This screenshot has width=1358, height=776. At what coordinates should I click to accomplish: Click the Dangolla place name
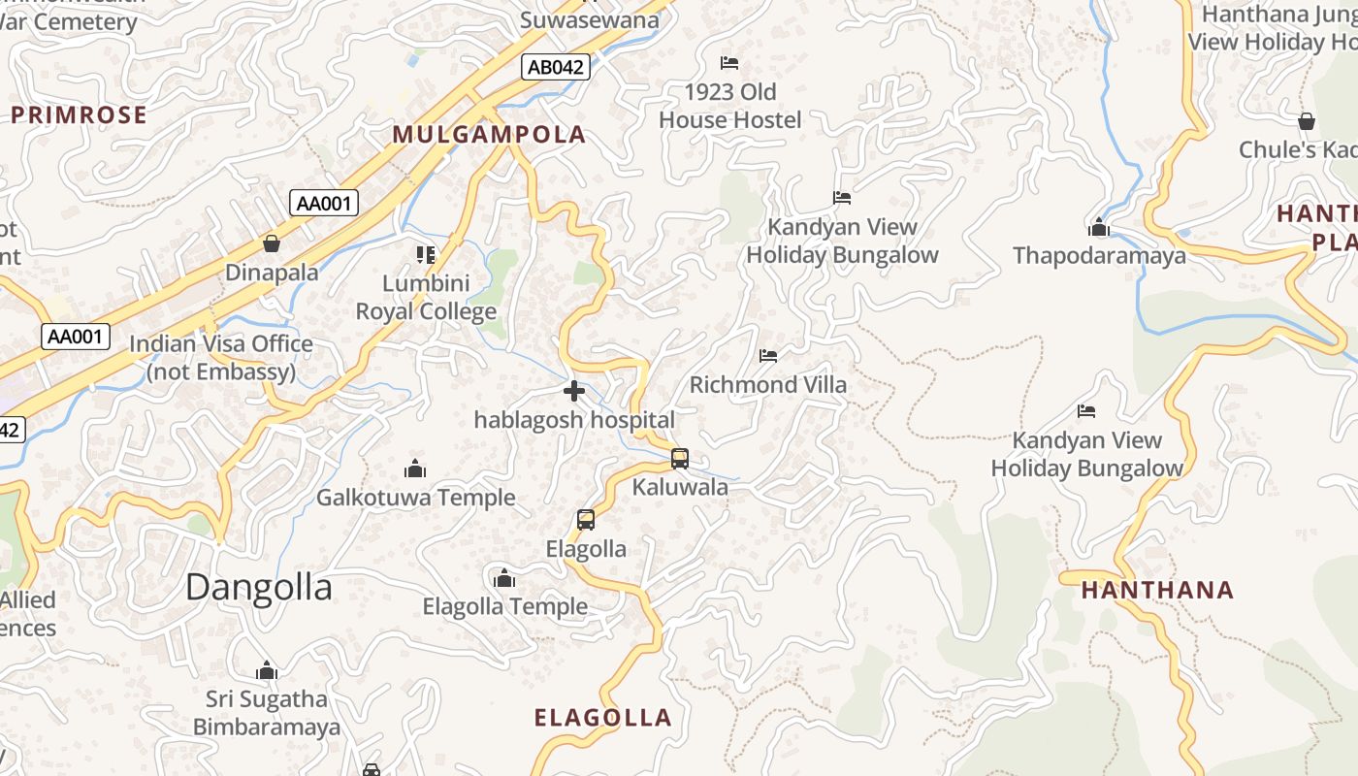click(258, 587)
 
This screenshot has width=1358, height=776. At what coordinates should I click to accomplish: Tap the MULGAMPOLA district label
click(489, 135)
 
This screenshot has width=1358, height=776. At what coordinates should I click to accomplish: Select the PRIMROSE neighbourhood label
click(79, 115)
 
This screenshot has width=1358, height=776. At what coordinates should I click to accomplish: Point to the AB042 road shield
click(555, 67)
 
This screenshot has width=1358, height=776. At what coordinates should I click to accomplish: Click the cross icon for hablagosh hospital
click(574, 391)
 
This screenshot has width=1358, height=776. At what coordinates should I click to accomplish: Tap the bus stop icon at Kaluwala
click(680, 459)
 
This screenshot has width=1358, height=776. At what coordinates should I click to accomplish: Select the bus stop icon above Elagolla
click(586, 520)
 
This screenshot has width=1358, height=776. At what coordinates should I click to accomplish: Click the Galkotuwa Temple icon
click(415, 469)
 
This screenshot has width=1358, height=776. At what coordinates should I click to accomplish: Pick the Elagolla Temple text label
click(504, 607)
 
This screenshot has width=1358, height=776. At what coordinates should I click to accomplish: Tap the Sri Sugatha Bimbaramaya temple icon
click(267, 670)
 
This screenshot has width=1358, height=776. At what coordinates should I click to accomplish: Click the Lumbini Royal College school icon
click(426, 255)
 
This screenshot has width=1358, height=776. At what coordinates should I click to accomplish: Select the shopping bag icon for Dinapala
click(272, 243)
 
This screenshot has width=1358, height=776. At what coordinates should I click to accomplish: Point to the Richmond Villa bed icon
click(768, 356)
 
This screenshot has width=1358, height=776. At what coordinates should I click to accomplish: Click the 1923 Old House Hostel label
click(730, 106)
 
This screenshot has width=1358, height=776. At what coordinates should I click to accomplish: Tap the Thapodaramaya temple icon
click(1099, 228)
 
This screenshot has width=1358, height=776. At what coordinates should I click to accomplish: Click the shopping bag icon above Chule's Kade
click(1307, 121)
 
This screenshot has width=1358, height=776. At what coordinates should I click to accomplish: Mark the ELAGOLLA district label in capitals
click(602, 718)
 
